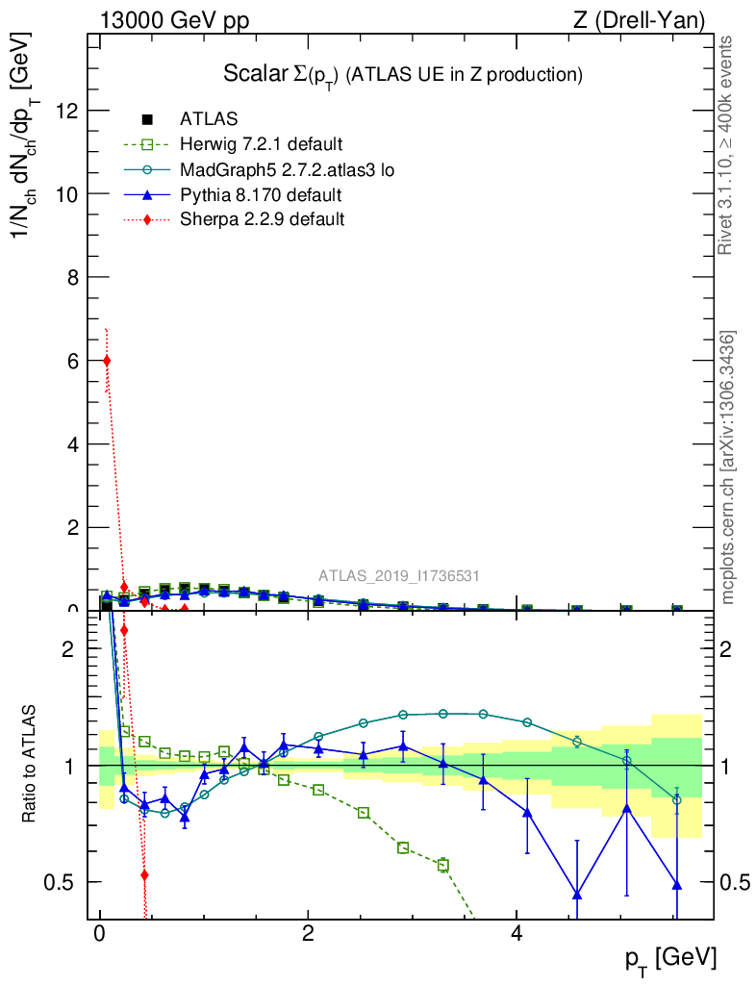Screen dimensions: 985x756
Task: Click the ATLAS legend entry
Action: pos(207,119)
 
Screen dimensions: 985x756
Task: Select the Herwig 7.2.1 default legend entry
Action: pos(261,145)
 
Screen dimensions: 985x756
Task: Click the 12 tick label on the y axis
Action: pos(69,111)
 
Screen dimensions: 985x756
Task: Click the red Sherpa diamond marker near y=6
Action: pos(107,361)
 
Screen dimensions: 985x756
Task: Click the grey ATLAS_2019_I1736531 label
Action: pos(399,576)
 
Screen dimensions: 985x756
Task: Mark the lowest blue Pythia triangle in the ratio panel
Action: pos(577,895)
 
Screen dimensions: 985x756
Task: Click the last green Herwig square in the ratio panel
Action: pos(443,865)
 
